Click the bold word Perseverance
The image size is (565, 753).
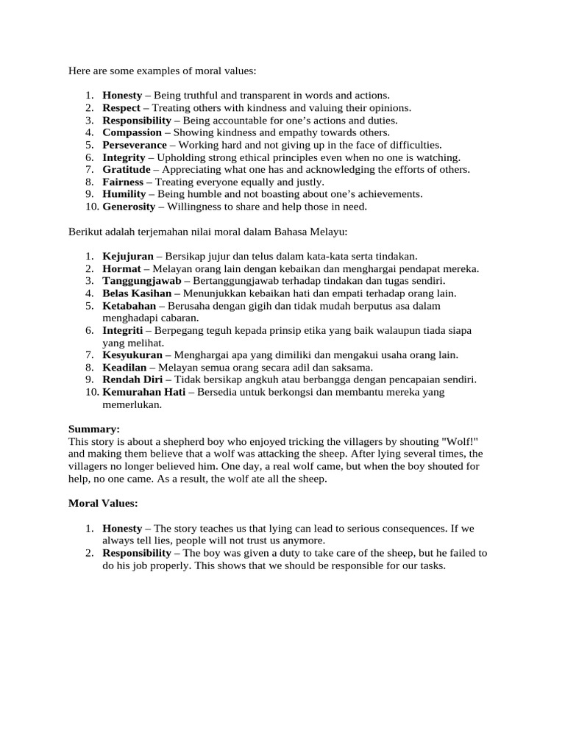pos(135,145)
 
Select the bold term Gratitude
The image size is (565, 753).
pos(127,169)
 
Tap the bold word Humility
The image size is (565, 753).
pos(125,194)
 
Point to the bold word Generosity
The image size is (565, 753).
pos(129,207)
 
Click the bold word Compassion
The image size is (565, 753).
pos(132,132)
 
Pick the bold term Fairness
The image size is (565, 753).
pos(124,182)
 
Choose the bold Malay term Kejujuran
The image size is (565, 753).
pos(128,256)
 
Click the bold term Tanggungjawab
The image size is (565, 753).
pos(141,281)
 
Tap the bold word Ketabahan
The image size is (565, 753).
pos(129,306)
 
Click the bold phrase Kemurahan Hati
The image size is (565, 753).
pos(143,393)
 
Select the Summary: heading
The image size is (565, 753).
pos(94,429)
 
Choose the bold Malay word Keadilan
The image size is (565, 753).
pos(126,368)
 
